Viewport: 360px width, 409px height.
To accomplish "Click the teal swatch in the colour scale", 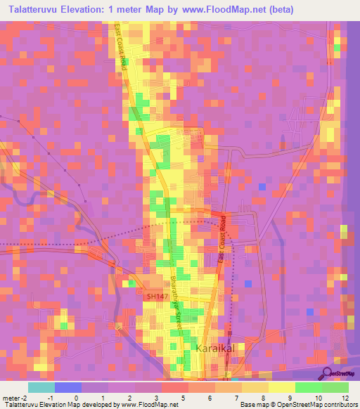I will pos(41,387).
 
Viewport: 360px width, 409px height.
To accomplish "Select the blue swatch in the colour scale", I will pos(67,387).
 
